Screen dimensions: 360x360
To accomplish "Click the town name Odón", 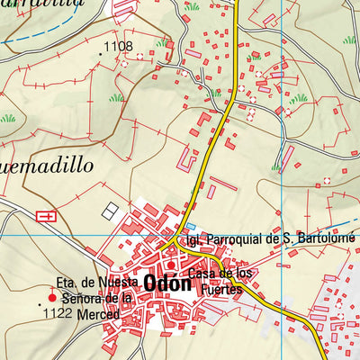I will click(x=166, y=282).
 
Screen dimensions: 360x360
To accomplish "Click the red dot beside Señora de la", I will click(x=51, y=298).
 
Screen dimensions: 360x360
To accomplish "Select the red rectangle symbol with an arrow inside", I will click(x=46, y=215).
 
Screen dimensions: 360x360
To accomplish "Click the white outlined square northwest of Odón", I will click(x=110, y=210).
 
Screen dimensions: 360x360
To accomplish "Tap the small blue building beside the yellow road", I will click(x=190, y=227).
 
